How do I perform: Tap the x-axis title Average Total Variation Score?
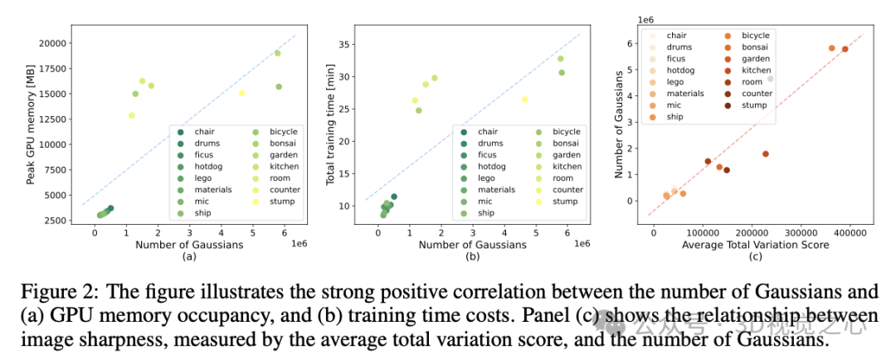[x=756, y=246]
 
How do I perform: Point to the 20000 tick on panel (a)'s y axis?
[x=51, y=43]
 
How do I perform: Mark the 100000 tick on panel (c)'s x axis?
[x=704, y=233]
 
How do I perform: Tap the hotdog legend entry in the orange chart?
[x=679, y=71]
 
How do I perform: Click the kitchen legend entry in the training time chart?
[x=567, y=166]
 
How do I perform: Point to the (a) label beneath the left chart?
[x=188, y=256]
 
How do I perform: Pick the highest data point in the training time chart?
[x=560, y=58]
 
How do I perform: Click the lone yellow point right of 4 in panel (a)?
[x=241, y=93]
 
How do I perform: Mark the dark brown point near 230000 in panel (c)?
[x=766, y=154]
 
